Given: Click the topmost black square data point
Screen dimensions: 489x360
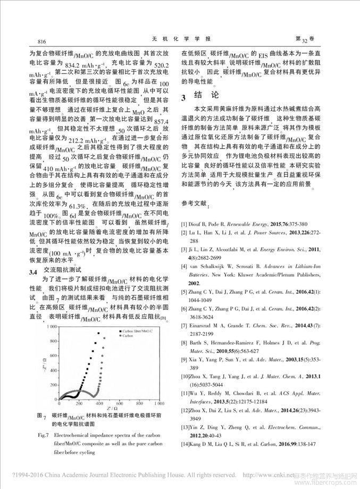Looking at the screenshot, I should point(98,334).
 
